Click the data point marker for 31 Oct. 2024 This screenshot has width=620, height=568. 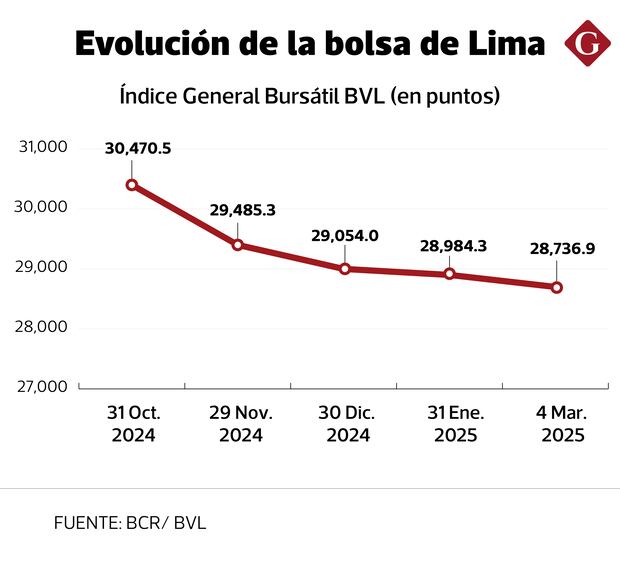(x=132, y=185)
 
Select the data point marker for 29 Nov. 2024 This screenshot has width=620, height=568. (x=238, y=245)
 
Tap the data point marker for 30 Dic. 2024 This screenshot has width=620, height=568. (x=345, y=269)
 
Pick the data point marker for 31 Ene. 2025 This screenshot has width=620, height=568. (x=450, y=274)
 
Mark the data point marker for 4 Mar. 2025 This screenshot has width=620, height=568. (x=556, y=288)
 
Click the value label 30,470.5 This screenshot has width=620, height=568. (x=138, y=149)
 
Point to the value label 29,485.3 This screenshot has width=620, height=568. (x=243, y=210)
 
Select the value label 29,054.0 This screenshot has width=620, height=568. (x=345, y=235)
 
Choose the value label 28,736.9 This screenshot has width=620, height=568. (x=561, y=250)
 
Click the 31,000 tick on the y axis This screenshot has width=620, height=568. (x=43, y=148)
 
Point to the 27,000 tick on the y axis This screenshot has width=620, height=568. (x=43, y=386)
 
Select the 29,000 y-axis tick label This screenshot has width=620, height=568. (x=43, y=267)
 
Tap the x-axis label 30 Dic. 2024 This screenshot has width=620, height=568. (x=345, y=423)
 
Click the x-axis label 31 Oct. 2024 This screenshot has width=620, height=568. (x=132, y=423)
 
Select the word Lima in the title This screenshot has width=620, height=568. (x=503, y=44)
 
